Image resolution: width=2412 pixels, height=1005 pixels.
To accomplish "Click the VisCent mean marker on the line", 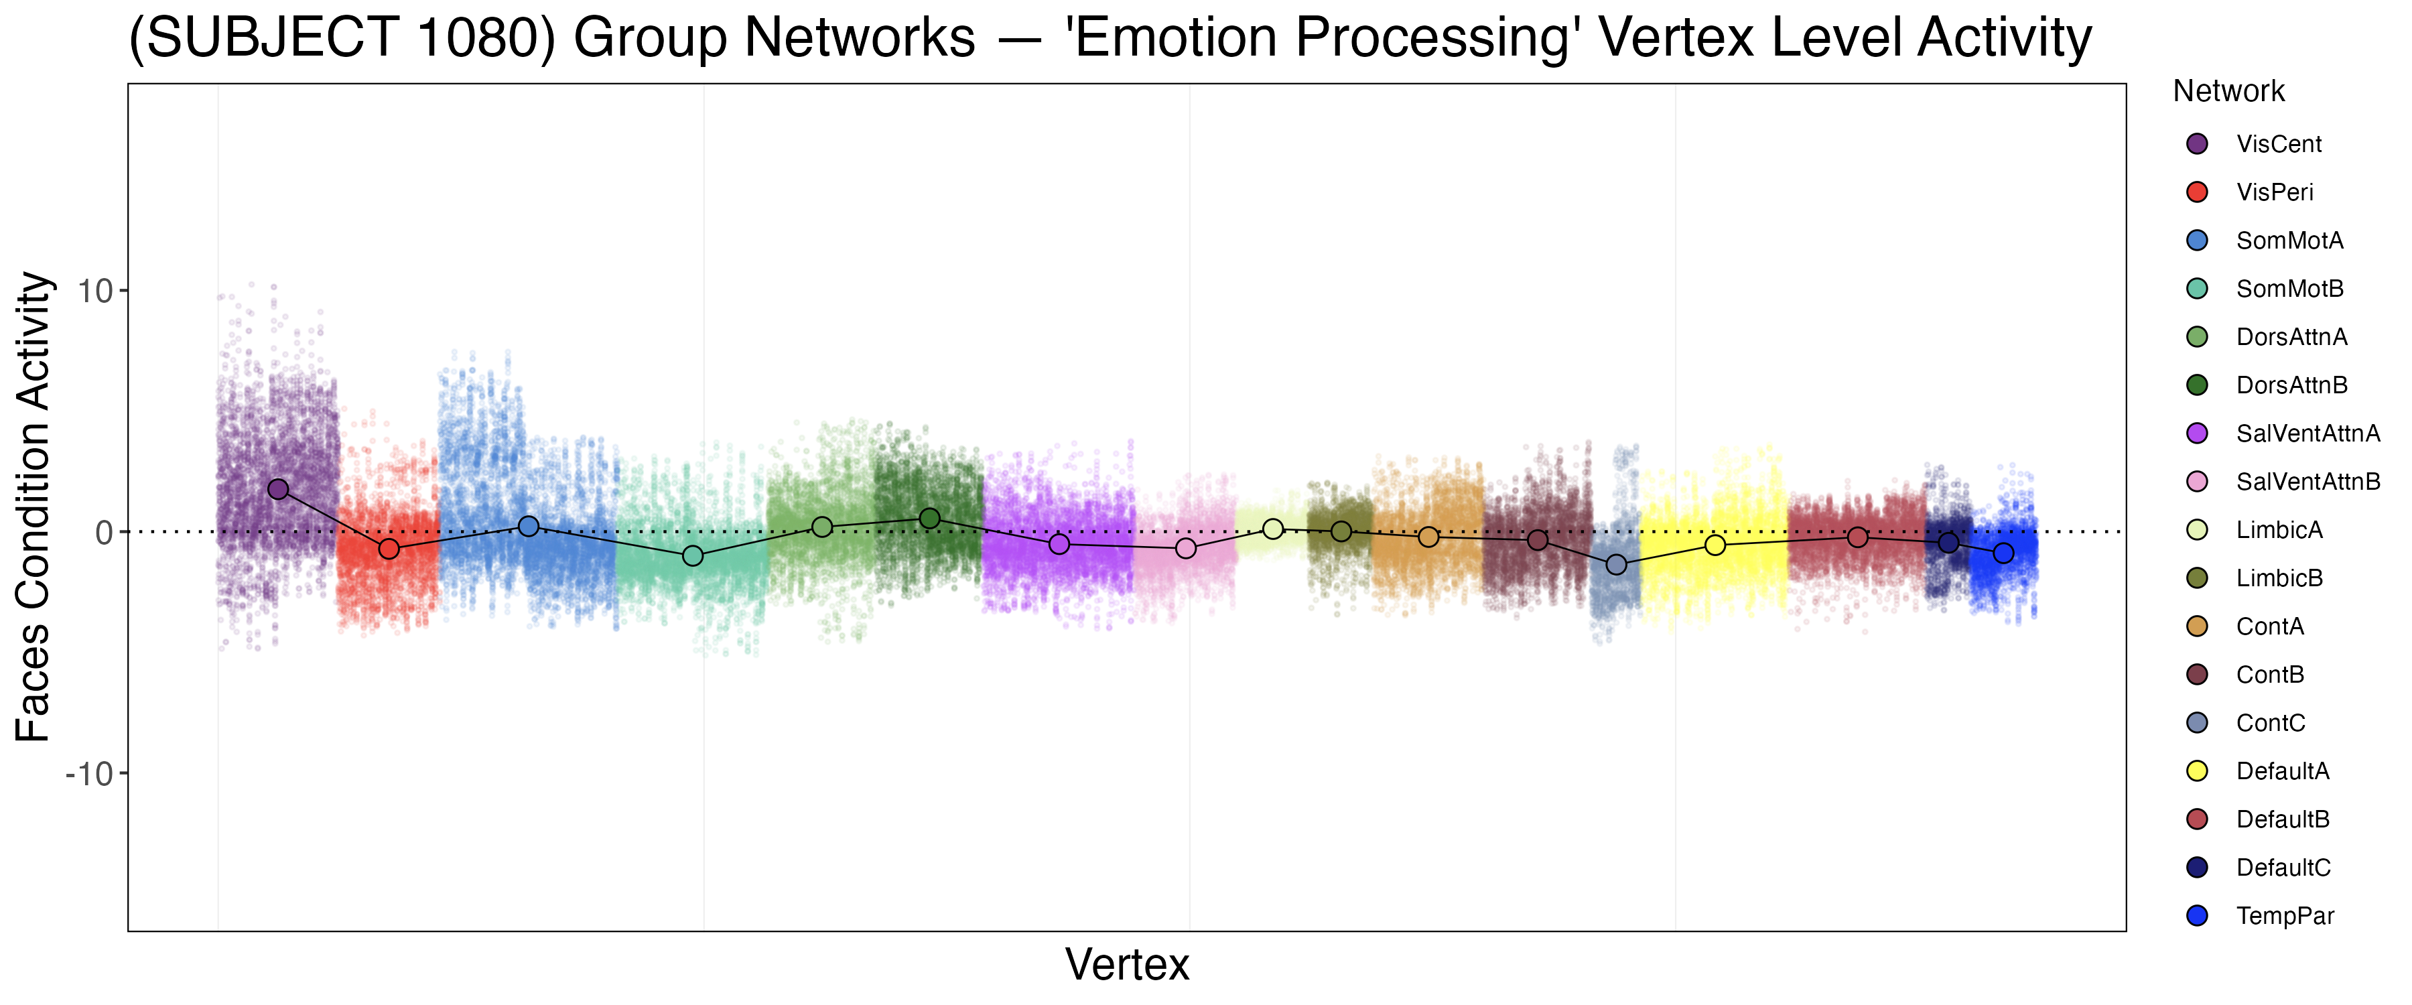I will tap(278, 489).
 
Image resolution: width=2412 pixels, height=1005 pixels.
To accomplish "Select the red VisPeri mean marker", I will tap(389, 549).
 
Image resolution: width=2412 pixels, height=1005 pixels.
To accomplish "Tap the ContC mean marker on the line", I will tap(1616, 565).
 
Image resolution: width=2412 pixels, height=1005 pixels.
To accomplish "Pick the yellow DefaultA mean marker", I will tap(1715, 545).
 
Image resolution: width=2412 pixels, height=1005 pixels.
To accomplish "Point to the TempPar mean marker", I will tap(2003, 553).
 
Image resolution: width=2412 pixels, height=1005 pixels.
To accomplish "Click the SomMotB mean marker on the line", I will tap(693, 556).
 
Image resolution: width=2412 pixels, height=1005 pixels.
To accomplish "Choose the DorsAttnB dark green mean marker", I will tap(929, 518).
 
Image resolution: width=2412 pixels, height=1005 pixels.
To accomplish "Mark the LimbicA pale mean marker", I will tap(1272, 529).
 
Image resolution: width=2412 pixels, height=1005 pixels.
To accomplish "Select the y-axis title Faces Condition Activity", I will tap(33, 507).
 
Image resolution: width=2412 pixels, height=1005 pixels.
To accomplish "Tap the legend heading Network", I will tap(2228, 91).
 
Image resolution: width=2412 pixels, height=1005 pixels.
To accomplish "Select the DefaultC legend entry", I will tap(2283, 868).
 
